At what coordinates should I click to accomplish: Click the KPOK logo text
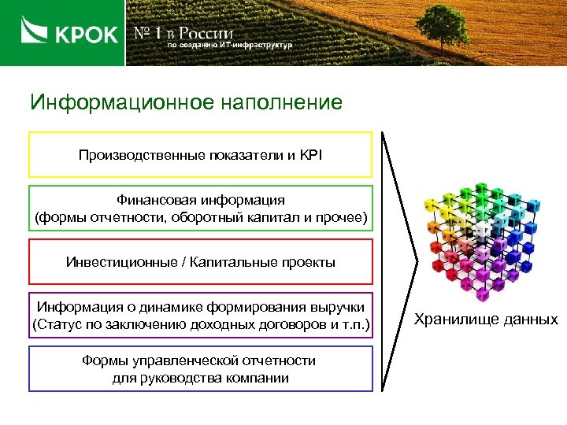[86, 35]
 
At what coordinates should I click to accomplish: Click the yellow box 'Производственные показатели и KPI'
[200, 154]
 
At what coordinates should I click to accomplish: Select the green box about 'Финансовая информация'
[200, 209]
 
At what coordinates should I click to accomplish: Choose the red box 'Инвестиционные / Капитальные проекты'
[200, 262]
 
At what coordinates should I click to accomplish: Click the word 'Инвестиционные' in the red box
[116, 262]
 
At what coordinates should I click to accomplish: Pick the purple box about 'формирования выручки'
[200, 316]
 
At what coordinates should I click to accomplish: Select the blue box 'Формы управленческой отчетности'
[200, 369]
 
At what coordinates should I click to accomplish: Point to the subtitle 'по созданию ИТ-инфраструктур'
[228, 46]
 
